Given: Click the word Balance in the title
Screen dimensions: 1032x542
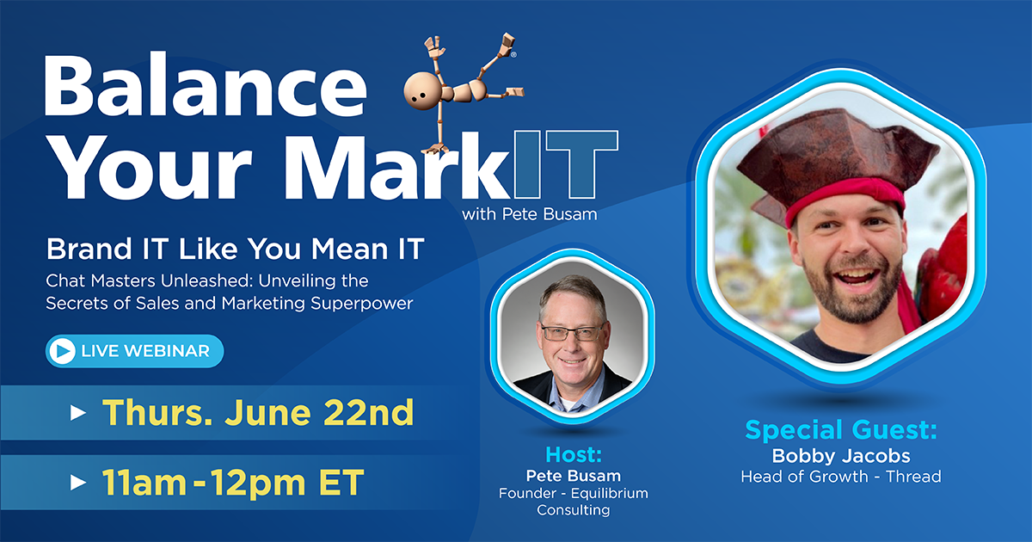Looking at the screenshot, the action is click(x=206, y=86).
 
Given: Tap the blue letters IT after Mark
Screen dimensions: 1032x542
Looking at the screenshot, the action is click(x=566, y=164).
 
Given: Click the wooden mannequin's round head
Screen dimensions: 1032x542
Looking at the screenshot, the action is click(x=421, y=90).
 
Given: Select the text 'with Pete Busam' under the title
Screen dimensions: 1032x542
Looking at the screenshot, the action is click(x=530, y=214).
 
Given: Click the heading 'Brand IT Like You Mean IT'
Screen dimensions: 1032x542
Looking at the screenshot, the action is click(x=235, y=249).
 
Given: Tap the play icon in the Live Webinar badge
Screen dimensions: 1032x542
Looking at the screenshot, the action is click(x=63, y=351).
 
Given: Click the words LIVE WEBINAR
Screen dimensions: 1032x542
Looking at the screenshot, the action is click(x=145, y=351).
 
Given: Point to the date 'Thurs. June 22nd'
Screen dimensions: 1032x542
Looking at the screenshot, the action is click(x=258, y=412).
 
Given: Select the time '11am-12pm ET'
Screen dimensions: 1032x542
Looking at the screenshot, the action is click(x=233, y=482).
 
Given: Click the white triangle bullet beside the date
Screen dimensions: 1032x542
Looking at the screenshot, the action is click(x=78, y=412).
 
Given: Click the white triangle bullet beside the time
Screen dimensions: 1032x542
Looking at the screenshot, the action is click(x=78, y=483).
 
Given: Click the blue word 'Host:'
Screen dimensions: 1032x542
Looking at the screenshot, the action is click(x=574, y=455).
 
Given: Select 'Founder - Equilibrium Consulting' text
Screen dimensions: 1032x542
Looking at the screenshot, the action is click(x=574, y=502).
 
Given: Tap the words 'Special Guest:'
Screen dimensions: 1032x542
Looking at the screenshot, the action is click(x=841, y=430).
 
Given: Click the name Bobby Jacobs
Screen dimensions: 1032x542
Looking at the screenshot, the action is click(x=841, y=456).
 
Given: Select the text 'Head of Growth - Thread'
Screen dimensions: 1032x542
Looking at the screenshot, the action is click(x=841, y=477).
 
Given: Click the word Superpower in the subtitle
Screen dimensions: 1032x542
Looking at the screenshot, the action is click(x=362, y=304).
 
